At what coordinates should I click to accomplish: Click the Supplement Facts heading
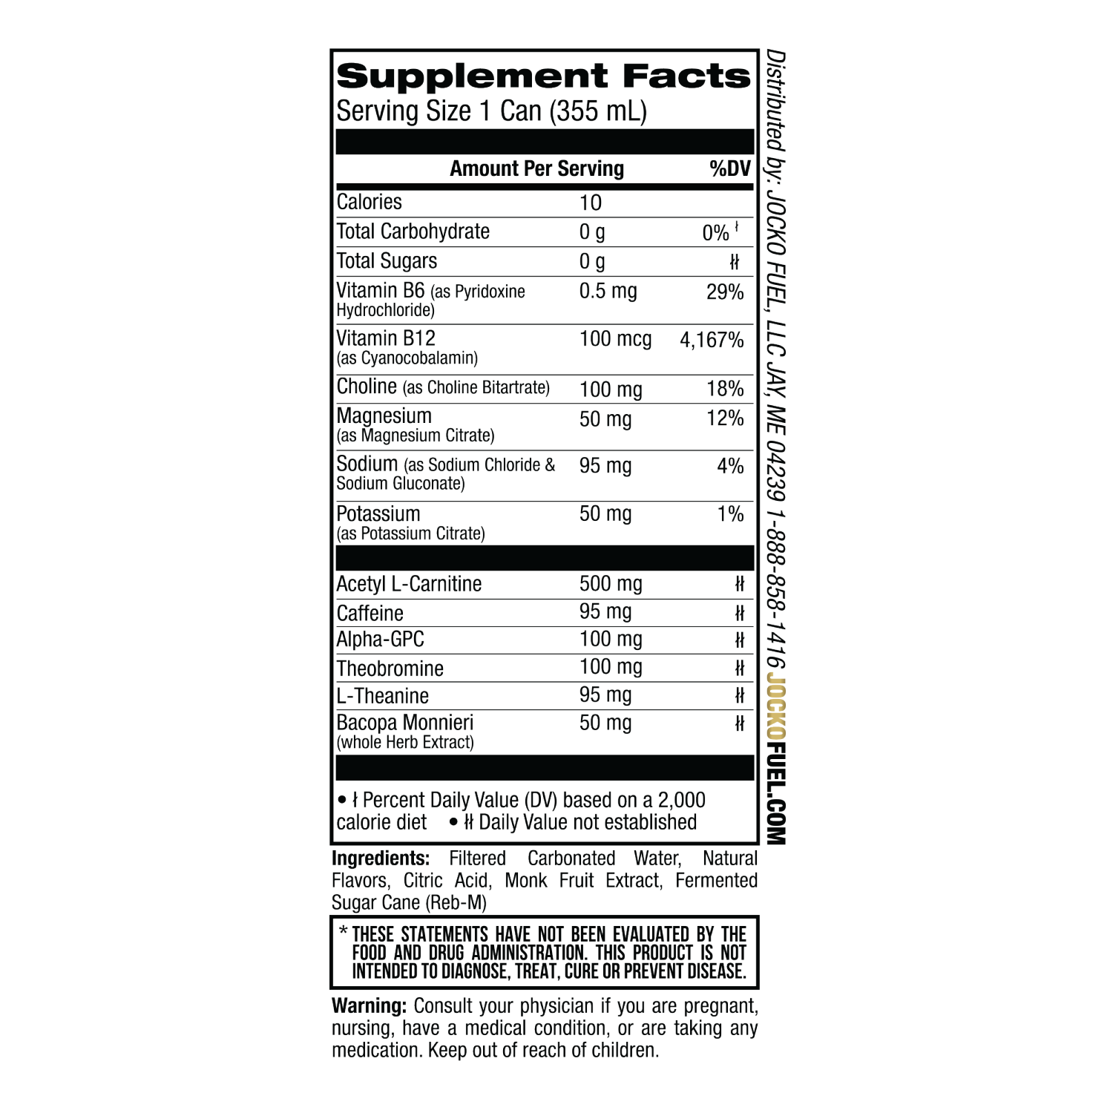pos(543,76)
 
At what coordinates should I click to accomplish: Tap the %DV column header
pos(730,168)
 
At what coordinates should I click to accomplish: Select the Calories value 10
pos(591,203)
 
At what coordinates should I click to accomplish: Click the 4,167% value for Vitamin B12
pos(712,340)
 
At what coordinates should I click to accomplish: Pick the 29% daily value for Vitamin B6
pos(725,292)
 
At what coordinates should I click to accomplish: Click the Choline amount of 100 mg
pos(611,390)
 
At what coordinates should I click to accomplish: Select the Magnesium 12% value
pos(725,418)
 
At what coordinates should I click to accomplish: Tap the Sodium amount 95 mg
pos(605,466)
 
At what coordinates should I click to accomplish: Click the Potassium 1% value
pos(730,513)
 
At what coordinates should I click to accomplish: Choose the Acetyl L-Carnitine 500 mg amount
pos(611,584)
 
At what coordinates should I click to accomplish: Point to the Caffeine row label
pos(370,614)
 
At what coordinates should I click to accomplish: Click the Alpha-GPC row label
pos(380,640)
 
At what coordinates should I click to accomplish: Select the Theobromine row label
pos(390,669)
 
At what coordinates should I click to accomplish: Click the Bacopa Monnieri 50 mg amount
pos(605,723)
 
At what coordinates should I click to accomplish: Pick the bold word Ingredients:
pos(381,858)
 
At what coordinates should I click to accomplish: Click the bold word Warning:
pos(369,1006)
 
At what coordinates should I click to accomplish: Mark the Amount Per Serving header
pos(536,168)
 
